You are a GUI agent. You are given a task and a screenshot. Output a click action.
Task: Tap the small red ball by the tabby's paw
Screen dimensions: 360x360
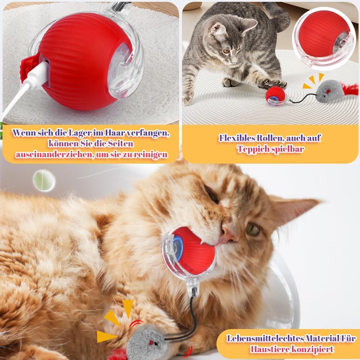coord(275,96)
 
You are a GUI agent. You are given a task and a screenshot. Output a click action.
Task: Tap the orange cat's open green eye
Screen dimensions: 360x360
coord(252,229)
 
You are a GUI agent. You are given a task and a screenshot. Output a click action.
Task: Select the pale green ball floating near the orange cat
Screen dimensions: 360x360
coord(44,181)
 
